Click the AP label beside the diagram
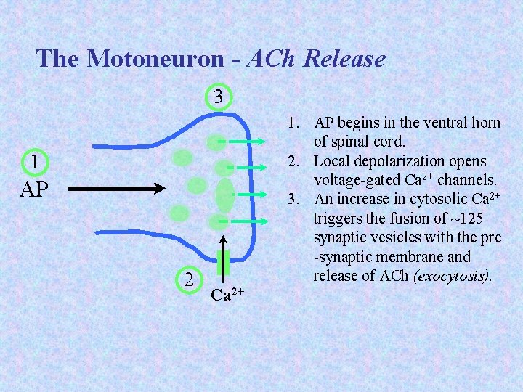point(34,189)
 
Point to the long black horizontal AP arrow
point(119,189)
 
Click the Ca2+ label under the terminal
point(227,294)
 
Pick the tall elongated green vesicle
point(225,194)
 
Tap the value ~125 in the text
point(467,219)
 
